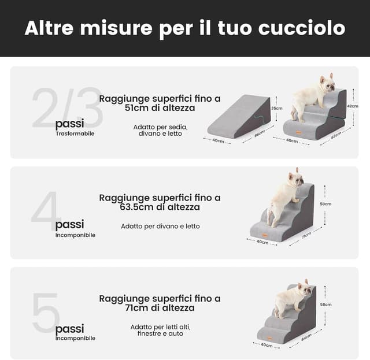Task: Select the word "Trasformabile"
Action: [75, 133]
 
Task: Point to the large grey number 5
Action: [46, 313]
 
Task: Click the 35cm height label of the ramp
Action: [277, 108]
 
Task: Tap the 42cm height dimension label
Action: [352, 106]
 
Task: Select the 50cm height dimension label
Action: [325, 204]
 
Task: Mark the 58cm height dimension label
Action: [325, 305]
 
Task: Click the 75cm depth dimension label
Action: [306, 235]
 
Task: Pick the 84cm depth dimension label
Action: [306, 335]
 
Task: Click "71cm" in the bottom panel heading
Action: [136, 308]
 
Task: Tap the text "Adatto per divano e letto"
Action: [160, 226]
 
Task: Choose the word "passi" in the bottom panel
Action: [69, 329]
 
